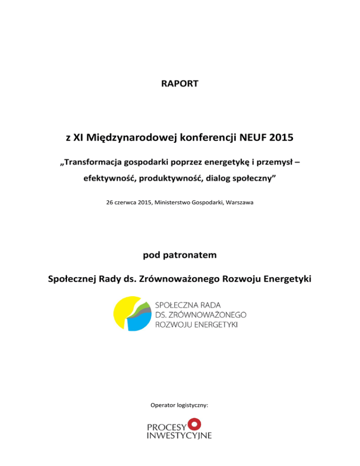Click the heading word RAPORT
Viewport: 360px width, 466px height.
pyautogui.click(x=180, y=84)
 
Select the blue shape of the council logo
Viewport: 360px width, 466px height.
pyautogui.click(x=139, y=322)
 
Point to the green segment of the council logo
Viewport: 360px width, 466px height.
pyautogui.click(x=145, y=306)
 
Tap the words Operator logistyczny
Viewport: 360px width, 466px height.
pyautogui.click(x=180, y=404)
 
